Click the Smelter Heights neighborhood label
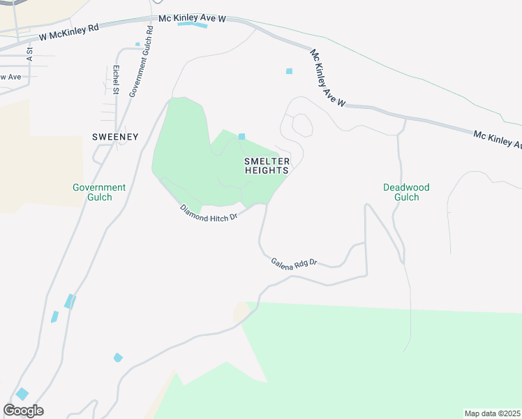266,166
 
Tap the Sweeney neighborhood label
116,137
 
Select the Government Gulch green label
99,192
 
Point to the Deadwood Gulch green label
406,192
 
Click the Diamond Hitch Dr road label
209,213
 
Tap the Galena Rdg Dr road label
294,262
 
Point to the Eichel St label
116,80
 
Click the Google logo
23,411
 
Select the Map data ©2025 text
492,413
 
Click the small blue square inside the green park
242,136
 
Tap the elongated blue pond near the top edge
193,25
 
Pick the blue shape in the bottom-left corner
22,393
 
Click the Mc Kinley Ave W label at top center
192,17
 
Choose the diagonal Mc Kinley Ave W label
328,78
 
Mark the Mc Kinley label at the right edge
497,139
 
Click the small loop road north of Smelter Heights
303,126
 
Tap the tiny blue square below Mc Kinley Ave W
289,71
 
